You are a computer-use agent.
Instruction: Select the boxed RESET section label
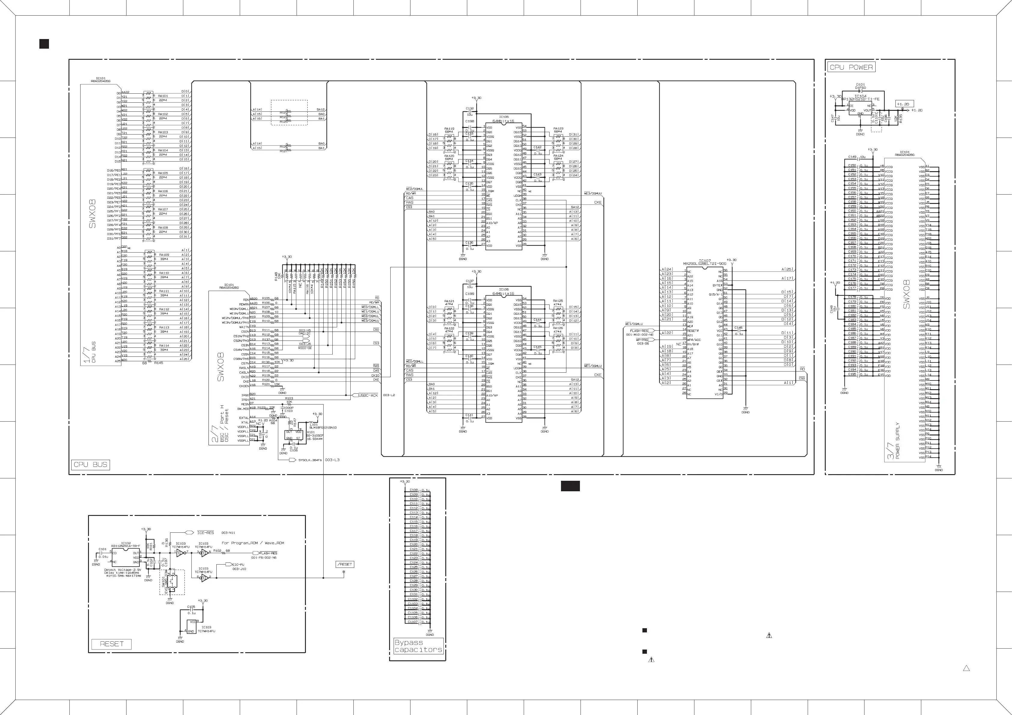pos(111,644)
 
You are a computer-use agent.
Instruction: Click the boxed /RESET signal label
pos(345,564)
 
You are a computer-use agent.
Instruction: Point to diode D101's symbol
pos(860,91)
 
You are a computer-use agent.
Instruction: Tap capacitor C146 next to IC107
pos(738,330)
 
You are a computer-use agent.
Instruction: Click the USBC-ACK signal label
pos(368,395)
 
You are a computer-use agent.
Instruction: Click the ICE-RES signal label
pos(206,533)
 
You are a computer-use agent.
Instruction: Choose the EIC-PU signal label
pos(238,564)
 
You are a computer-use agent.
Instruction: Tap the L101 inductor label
pos(313,424)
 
